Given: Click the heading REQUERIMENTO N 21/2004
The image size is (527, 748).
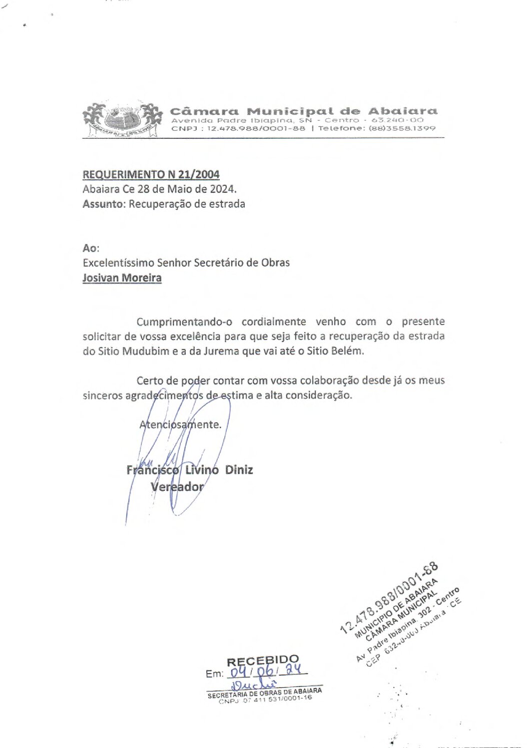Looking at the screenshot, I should [x=151, y=174].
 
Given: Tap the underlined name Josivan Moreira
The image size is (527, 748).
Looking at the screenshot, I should [x=122, y=278].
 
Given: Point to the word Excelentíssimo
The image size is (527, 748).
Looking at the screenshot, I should [x=118, y=263].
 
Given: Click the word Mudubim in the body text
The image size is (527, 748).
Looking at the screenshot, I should [x=142, y=351].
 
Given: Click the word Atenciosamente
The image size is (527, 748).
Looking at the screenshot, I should [x=180, y=425].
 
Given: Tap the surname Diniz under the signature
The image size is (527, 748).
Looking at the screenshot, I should [x=239, y=470].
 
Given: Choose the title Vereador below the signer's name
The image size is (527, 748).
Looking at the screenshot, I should [x=177, y=487].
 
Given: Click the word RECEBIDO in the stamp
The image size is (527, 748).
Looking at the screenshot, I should [x=263, y=661].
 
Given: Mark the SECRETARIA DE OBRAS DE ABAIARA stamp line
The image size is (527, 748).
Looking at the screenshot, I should [x=265, y=693].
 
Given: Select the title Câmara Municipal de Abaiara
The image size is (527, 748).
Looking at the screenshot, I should [x=303, y=111].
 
